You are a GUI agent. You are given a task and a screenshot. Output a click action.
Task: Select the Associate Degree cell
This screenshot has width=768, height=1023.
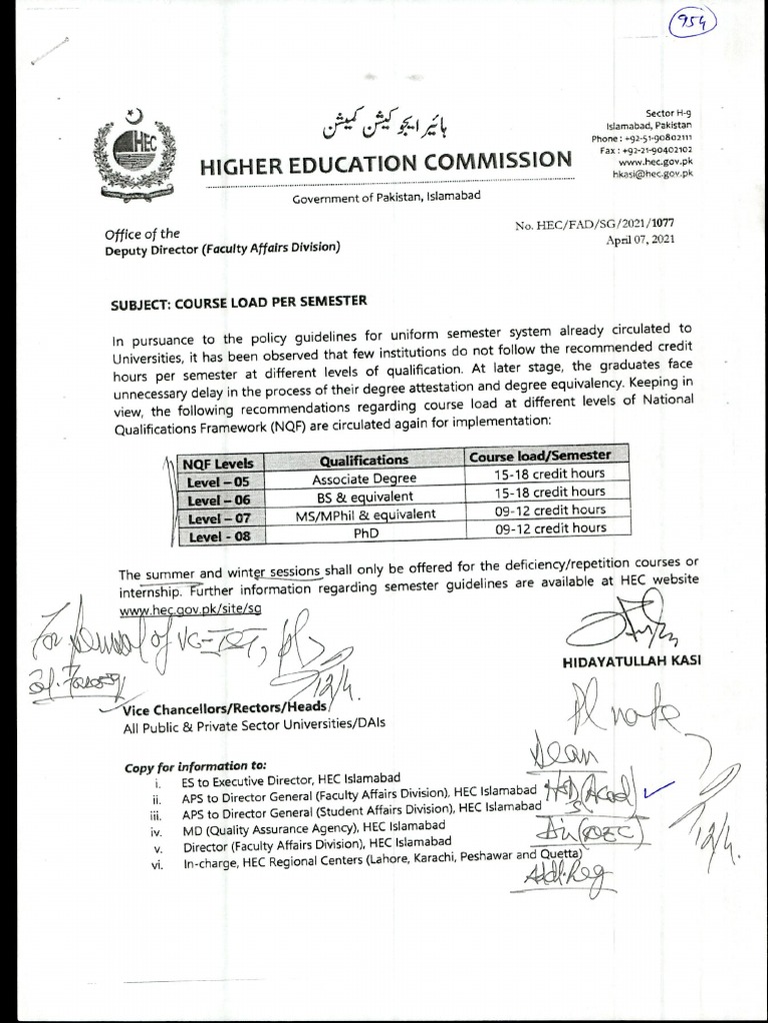364,478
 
